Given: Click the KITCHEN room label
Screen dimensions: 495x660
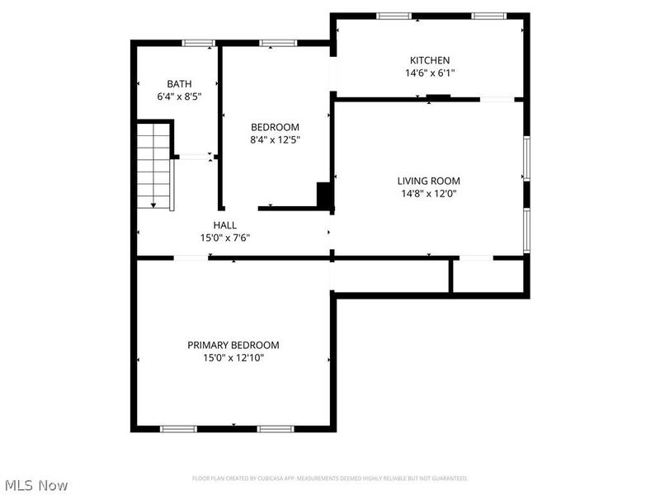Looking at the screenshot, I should click(x=430, y=60).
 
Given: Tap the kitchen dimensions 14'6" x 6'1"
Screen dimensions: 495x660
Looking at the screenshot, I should click(x=430, y=73).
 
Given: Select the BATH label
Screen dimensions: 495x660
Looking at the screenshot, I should click(x=179, y=83).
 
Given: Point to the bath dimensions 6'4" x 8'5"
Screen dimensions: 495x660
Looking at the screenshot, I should click(x=179, y=96).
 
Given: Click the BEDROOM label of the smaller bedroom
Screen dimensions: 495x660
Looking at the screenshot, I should click(x=275, y=127).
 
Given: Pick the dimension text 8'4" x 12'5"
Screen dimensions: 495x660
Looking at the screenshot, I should click(x=275, y=139).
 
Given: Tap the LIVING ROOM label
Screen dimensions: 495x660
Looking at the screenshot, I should click(x=428, y=181).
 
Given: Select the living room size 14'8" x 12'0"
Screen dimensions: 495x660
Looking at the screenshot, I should click(x=428, y=194).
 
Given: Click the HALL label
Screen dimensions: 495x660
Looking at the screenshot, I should click(x=224, y=224).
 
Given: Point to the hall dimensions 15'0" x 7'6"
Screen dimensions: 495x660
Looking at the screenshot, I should click(x=224, y=238).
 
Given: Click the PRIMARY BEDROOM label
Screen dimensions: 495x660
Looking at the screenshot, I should click(x=233, y=345).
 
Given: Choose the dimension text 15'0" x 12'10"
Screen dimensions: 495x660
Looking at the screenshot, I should click(x=233, y=358).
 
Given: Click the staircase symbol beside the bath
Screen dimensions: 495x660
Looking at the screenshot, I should click(x=154, y=165).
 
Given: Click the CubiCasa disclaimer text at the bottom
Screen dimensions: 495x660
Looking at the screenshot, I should click(x=330, y=478).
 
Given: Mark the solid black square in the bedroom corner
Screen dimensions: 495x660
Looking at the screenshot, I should click(x=324, y=195).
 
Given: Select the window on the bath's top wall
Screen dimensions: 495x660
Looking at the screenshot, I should click(x=198, y=43).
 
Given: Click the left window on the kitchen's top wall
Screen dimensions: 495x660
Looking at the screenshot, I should click(x=394, y=16).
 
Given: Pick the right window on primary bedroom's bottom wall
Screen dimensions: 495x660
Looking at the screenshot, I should click(x=276, y=428).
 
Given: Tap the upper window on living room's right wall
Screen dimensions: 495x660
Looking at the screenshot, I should click(x=526, y=158).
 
